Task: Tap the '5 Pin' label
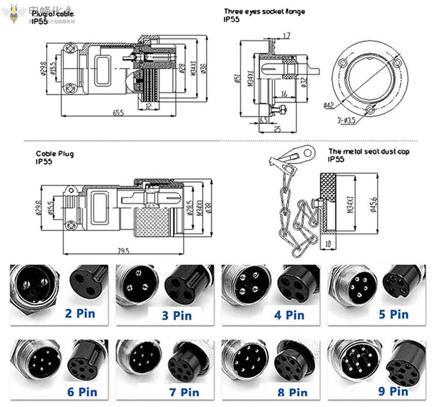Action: pos(393,314)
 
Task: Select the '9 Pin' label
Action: pos(392,391)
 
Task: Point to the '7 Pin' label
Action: pos(183,392)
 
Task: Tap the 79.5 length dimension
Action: pos(123,251)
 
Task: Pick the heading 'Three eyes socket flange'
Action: pos(264,11)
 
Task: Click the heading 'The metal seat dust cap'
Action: pos(368,151)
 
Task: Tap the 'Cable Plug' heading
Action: pos(54,153)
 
